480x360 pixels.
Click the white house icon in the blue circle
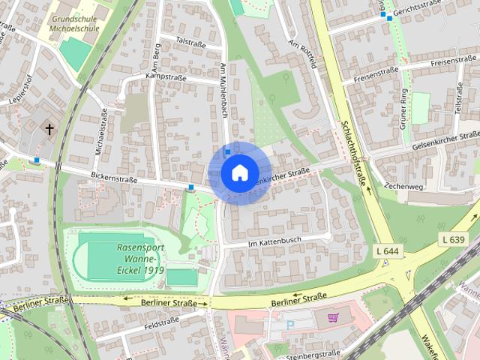pos(238,173)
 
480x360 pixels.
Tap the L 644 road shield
pos(388,250)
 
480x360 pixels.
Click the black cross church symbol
pos(50,130)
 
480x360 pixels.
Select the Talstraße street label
pos(191,43)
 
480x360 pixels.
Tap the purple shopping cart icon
pos(332,317)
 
